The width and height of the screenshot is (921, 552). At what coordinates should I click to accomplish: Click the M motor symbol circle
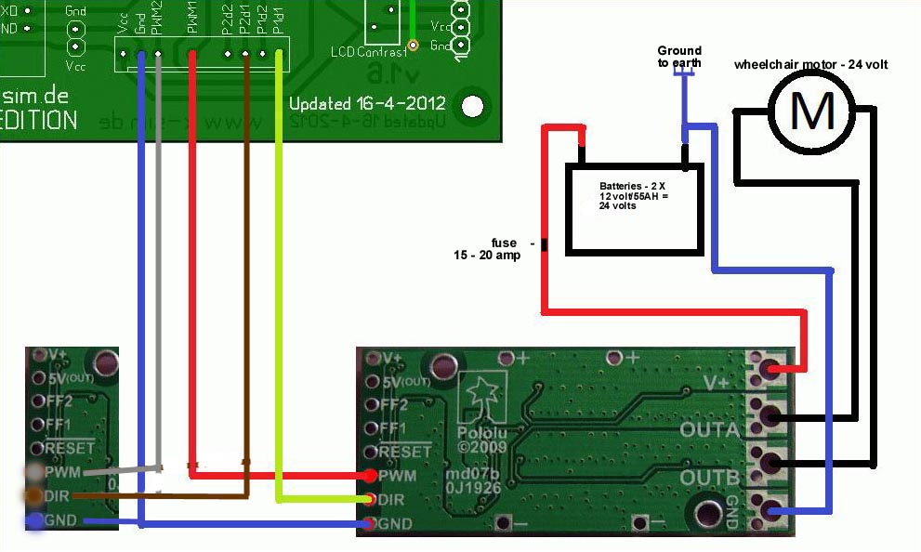[811, 111]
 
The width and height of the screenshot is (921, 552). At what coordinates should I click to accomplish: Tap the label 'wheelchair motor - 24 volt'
[810, 64]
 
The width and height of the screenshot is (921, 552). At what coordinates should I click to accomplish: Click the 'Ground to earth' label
[679, 57]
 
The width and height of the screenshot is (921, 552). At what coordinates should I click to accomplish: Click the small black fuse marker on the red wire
[544, 245]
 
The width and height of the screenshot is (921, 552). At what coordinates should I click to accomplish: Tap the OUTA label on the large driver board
[709, 429]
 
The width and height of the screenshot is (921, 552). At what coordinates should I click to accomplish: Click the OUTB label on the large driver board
[709, 478]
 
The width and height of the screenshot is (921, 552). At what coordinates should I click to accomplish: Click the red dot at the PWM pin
[371, 476]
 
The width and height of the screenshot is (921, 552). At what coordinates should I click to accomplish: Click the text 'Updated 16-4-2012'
[367, 103]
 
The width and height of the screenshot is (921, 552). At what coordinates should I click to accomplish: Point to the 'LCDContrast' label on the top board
[369, 52]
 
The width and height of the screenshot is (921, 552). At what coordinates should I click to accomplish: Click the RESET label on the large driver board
[406, 452]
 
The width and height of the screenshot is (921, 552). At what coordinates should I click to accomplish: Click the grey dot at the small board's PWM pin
[34, 473]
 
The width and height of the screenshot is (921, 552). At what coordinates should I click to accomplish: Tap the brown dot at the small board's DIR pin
[34, 496]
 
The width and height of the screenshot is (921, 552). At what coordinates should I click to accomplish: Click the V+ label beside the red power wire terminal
[716, 382]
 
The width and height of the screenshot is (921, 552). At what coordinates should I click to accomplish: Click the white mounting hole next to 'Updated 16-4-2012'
[474, 105]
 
